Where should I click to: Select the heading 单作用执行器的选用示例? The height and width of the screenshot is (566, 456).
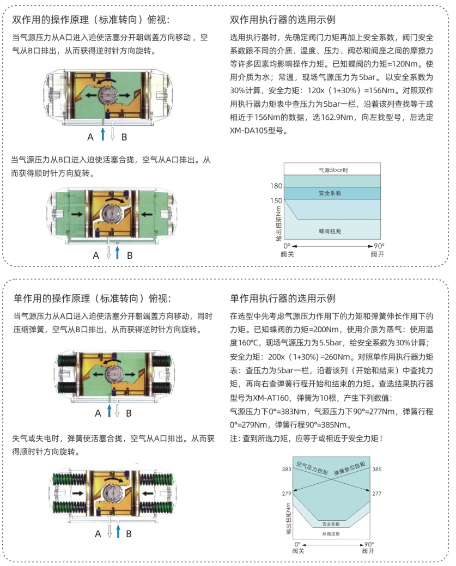click(x=283, y=299)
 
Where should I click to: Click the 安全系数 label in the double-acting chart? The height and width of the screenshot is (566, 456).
click(x=330, y=193)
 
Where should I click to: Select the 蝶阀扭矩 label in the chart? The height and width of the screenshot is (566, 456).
click(x=330, y=232)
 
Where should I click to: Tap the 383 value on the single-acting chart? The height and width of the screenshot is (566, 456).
click(x=287, y=468)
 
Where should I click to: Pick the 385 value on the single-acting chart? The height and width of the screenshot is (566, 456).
click(x=377, y=468)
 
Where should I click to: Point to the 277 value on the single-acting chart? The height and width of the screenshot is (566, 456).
click(x=377, y=493)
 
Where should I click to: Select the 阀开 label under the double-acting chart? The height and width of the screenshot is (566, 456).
click(x=377, y=254)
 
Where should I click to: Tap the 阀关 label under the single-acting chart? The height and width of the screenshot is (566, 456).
click(x=297, y=551)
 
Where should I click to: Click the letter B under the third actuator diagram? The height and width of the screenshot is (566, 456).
click(x=129, y=413)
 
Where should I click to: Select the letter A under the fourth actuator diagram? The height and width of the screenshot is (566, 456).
click(x=98, y=534)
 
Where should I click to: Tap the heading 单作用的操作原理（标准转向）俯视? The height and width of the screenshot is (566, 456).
click(x=92, y=299)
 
